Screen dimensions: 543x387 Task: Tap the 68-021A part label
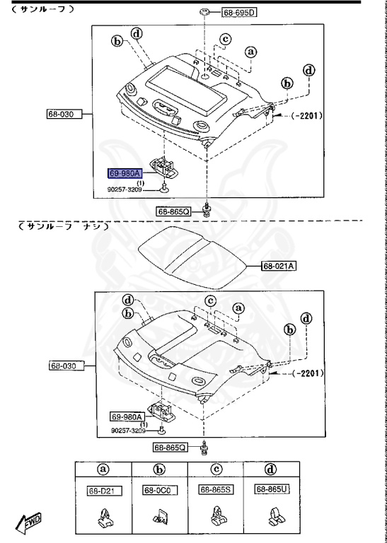click(x=279, y=267)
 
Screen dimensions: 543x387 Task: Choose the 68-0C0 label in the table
click(x=158, y=489)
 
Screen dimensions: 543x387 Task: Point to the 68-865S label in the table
click(x=214, y=489)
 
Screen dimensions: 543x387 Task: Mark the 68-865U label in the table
click(x=270, y=489)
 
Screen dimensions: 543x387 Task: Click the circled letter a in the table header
click(x=103, y=468)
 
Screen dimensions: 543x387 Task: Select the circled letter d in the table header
click(x=270, y=468)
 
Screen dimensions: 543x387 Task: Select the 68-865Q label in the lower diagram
click(x=171, y=448)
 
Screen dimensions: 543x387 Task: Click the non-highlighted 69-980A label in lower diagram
click(x=126, y=416)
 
